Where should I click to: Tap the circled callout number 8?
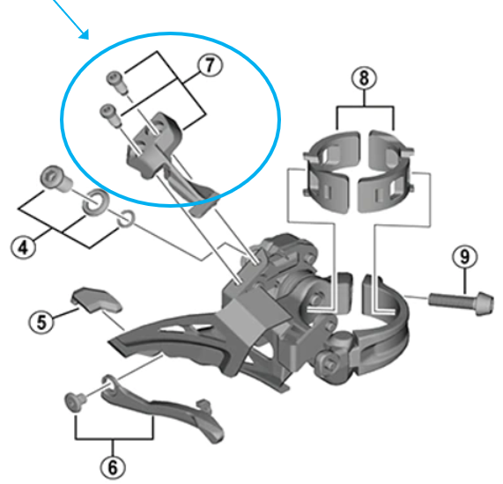pyautogui.click(x=360, y=77)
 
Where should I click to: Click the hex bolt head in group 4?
pyautogui.click(x=56, y=180)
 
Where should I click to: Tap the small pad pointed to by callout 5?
pyautogui.click(x=95, y=299)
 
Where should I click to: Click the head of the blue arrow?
pyautogui.click(x=85, y=35)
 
